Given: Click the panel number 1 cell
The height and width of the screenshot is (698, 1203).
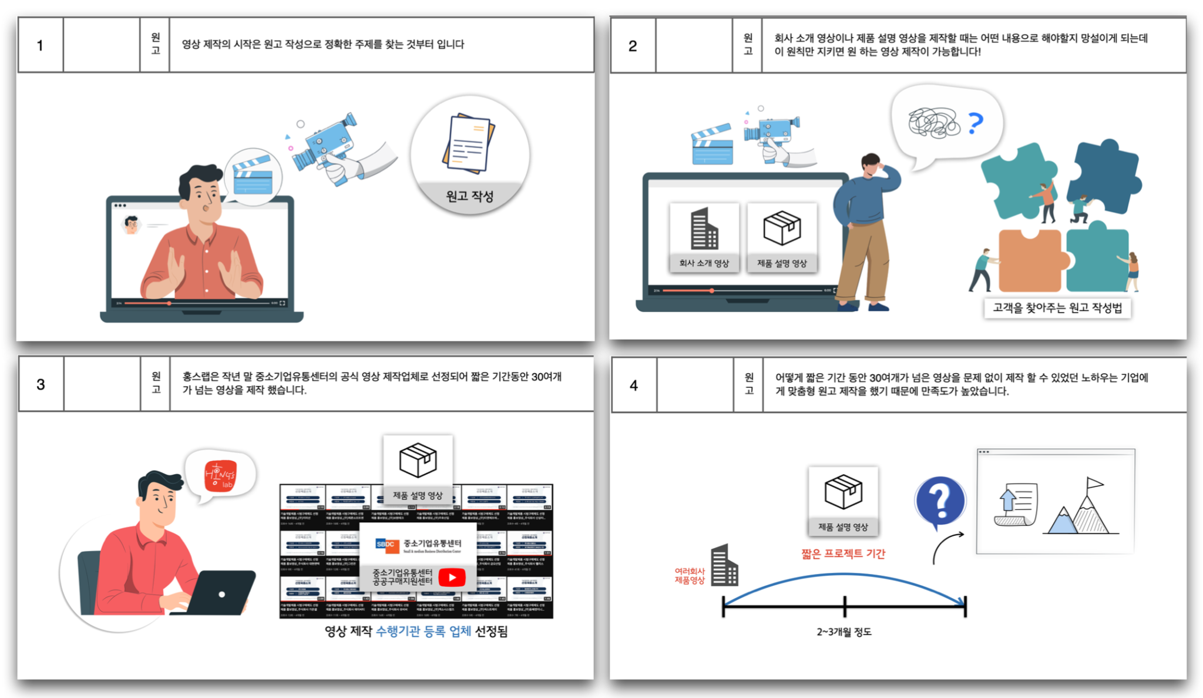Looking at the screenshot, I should (x=40, y=45).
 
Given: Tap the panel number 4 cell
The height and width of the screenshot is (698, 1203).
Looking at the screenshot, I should (x=633, y=385).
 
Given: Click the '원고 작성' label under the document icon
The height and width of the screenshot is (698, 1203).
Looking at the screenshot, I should (x=469, y=196).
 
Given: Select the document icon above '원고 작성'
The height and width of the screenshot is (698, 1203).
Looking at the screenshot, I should (x=468, y=143).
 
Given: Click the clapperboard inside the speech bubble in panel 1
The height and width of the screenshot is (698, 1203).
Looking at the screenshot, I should (x=253, y=175).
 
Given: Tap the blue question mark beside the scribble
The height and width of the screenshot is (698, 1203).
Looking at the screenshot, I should (x=975, y=123).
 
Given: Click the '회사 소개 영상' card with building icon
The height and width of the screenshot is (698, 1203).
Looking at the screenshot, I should (x=704, y=237).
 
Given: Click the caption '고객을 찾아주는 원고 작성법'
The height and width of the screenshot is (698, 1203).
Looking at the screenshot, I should (x=1057, y=308).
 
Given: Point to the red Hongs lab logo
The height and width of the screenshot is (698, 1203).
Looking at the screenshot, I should (x=220, y=476).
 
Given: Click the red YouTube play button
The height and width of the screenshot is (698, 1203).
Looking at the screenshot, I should (x=452, y=578).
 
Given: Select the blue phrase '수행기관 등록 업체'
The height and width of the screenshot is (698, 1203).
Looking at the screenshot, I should (x=423, y=632).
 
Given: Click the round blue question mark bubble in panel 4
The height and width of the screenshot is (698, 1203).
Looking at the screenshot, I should (x=940, y=501).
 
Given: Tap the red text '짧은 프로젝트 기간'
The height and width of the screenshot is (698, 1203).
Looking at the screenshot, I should (x=843, y=553).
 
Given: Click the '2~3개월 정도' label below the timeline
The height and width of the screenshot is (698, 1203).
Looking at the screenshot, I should (x=844, y=632).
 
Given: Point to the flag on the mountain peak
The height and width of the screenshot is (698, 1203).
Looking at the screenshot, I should (x=1094, y=484).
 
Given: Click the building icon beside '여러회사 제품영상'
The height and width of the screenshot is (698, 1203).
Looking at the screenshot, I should (x=724, y=566).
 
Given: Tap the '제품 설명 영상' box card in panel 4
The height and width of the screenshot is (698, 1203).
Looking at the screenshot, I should (x=843, y=501).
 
